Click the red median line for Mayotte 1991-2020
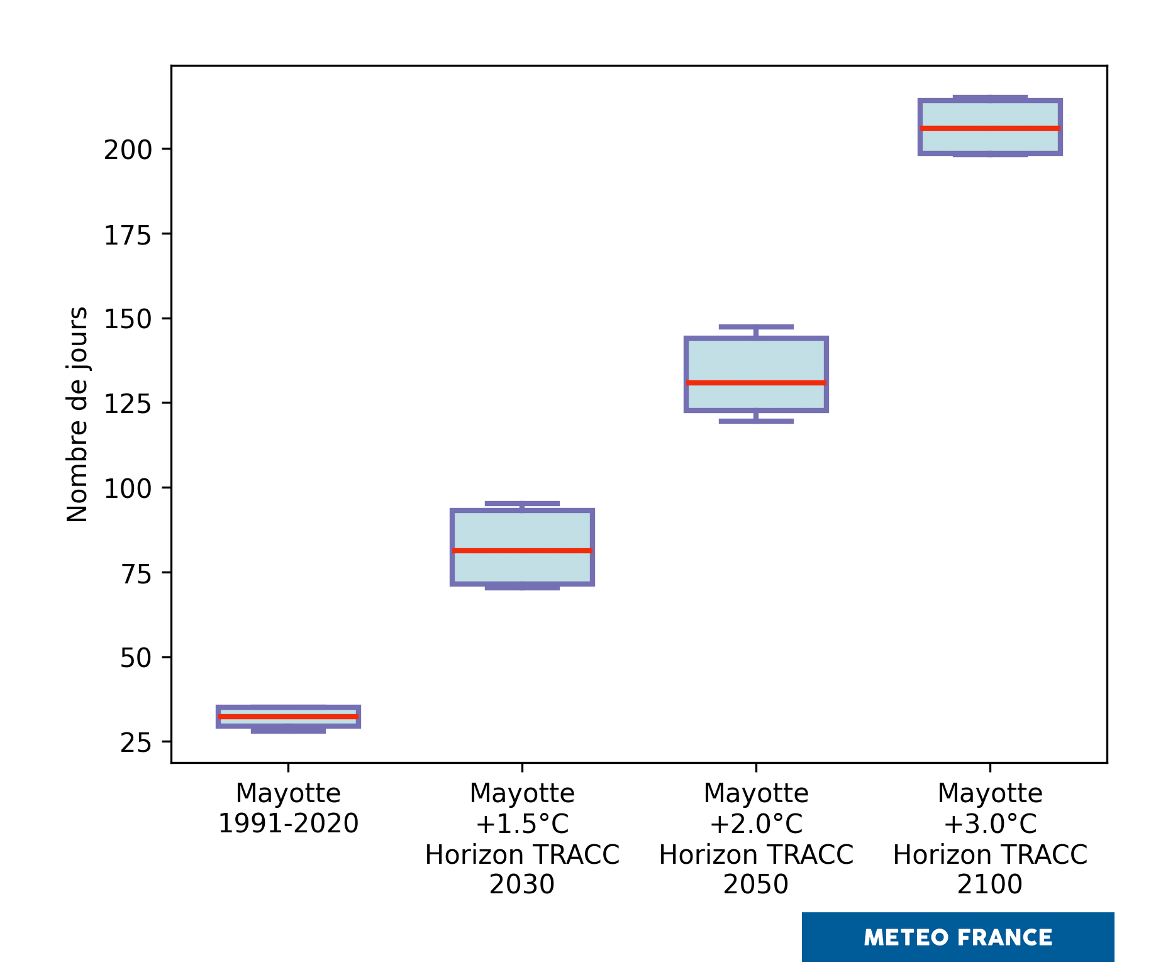[x=288, y=716]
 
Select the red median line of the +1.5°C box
[x=522, y=551]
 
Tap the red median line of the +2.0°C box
[x=756, y=383]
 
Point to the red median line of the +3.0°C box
[x=990, y=128]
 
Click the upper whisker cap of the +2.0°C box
[x=756, y=327]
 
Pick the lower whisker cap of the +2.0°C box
[x=756, y=421]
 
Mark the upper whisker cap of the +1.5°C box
[x=522, y=504]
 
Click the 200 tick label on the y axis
[x=128, y=150]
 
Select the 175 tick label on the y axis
[x=128, y=236]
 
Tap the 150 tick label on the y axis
[x=128, y=319]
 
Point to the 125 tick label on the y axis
[x=128, y=404]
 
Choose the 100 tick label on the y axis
[x=128, y=488]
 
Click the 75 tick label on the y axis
[x=136, y=573]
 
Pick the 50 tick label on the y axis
[x=136, y=658]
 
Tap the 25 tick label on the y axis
[x=136, y=743]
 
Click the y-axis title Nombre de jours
[x=77, y=414]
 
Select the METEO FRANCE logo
[x=957, y=937]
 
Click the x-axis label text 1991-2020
[x=288, y=824]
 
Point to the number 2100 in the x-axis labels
[x=990, y=885]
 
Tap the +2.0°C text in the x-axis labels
[x=756, y=824]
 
